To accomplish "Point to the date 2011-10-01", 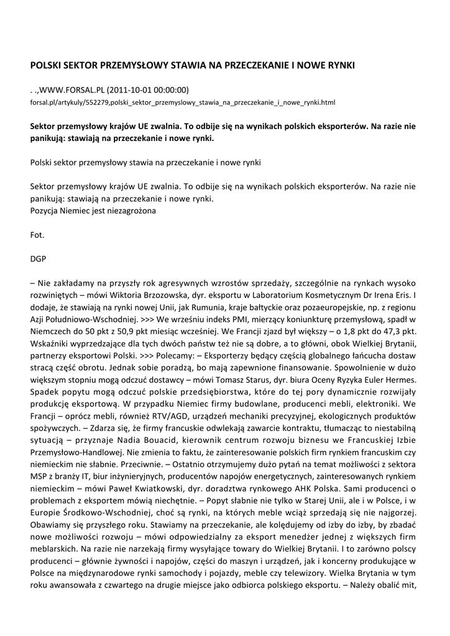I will click(x=139, y=89).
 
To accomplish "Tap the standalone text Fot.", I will click(x=37, y=235).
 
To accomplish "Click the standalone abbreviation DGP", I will click(x=39, y=259).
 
